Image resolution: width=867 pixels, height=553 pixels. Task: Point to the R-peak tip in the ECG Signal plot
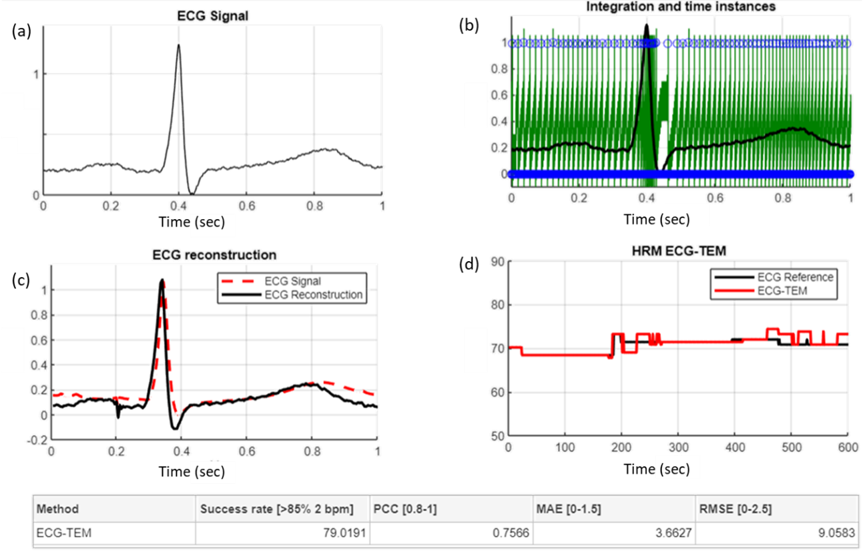178,45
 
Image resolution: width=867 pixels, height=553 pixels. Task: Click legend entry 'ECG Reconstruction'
313,295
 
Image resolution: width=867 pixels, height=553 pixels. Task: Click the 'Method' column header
57,509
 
